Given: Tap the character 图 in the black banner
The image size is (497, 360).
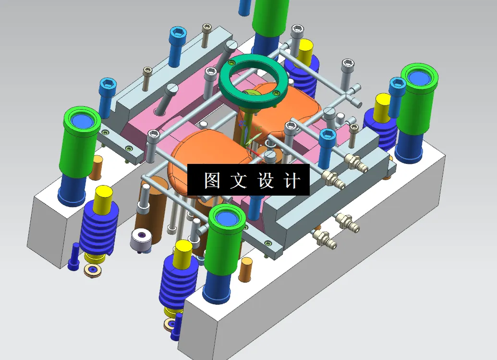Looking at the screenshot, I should pyautogui.click(x=212, y=181).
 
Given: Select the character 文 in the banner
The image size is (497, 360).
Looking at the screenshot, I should pyautogui.click(x=238, y=181).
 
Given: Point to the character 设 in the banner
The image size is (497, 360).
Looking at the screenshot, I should pyautogui.click(x=265, y=181).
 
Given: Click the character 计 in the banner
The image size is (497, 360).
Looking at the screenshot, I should pyautogui.click(x=291, y=181).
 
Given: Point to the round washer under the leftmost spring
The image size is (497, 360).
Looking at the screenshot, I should pyautogui.click(x=93, y=270).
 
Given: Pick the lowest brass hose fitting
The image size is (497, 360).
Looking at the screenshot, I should pyautogui.click(x=325, y=238).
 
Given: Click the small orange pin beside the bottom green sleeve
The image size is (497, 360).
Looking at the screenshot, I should pyautogui.click(x=246, y=269).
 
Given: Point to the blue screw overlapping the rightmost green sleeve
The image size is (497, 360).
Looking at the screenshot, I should pyautogui.click(x=396, y=96).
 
